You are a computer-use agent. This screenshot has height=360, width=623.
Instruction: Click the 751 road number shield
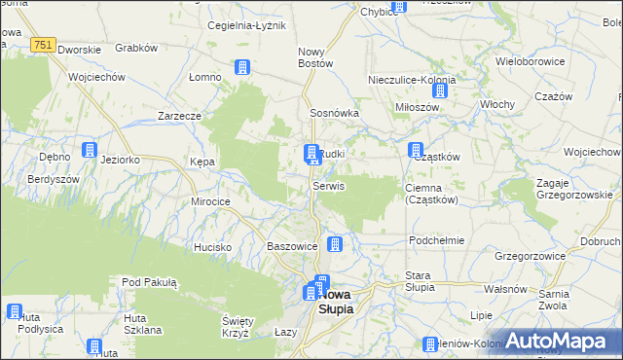[x=42, y=45]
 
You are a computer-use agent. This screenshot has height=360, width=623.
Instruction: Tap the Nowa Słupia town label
[x=337, y=301]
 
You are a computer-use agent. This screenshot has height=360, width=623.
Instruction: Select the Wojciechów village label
[x=96, y=77]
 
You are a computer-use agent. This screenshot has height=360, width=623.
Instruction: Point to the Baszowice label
[x=292, y=247]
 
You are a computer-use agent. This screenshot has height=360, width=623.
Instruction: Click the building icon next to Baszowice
[x=335, y=244]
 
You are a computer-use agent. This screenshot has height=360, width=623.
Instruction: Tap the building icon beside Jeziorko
[x=90, y=151]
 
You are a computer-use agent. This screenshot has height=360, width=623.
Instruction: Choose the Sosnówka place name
[x=335, y=113]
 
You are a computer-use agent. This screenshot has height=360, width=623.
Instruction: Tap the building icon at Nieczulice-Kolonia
[x=439, y=91]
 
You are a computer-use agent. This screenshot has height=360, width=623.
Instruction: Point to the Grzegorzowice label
[x=531, y=256]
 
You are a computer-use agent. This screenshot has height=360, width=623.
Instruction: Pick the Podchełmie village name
[x=437, y=239]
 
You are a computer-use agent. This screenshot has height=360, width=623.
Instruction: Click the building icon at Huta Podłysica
[x=15, y=311]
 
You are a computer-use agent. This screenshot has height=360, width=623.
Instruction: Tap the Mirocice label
[x=210, y=200]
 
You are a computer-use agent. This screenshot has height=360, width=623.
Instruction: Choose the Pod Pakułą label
[x=149, y=282]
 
